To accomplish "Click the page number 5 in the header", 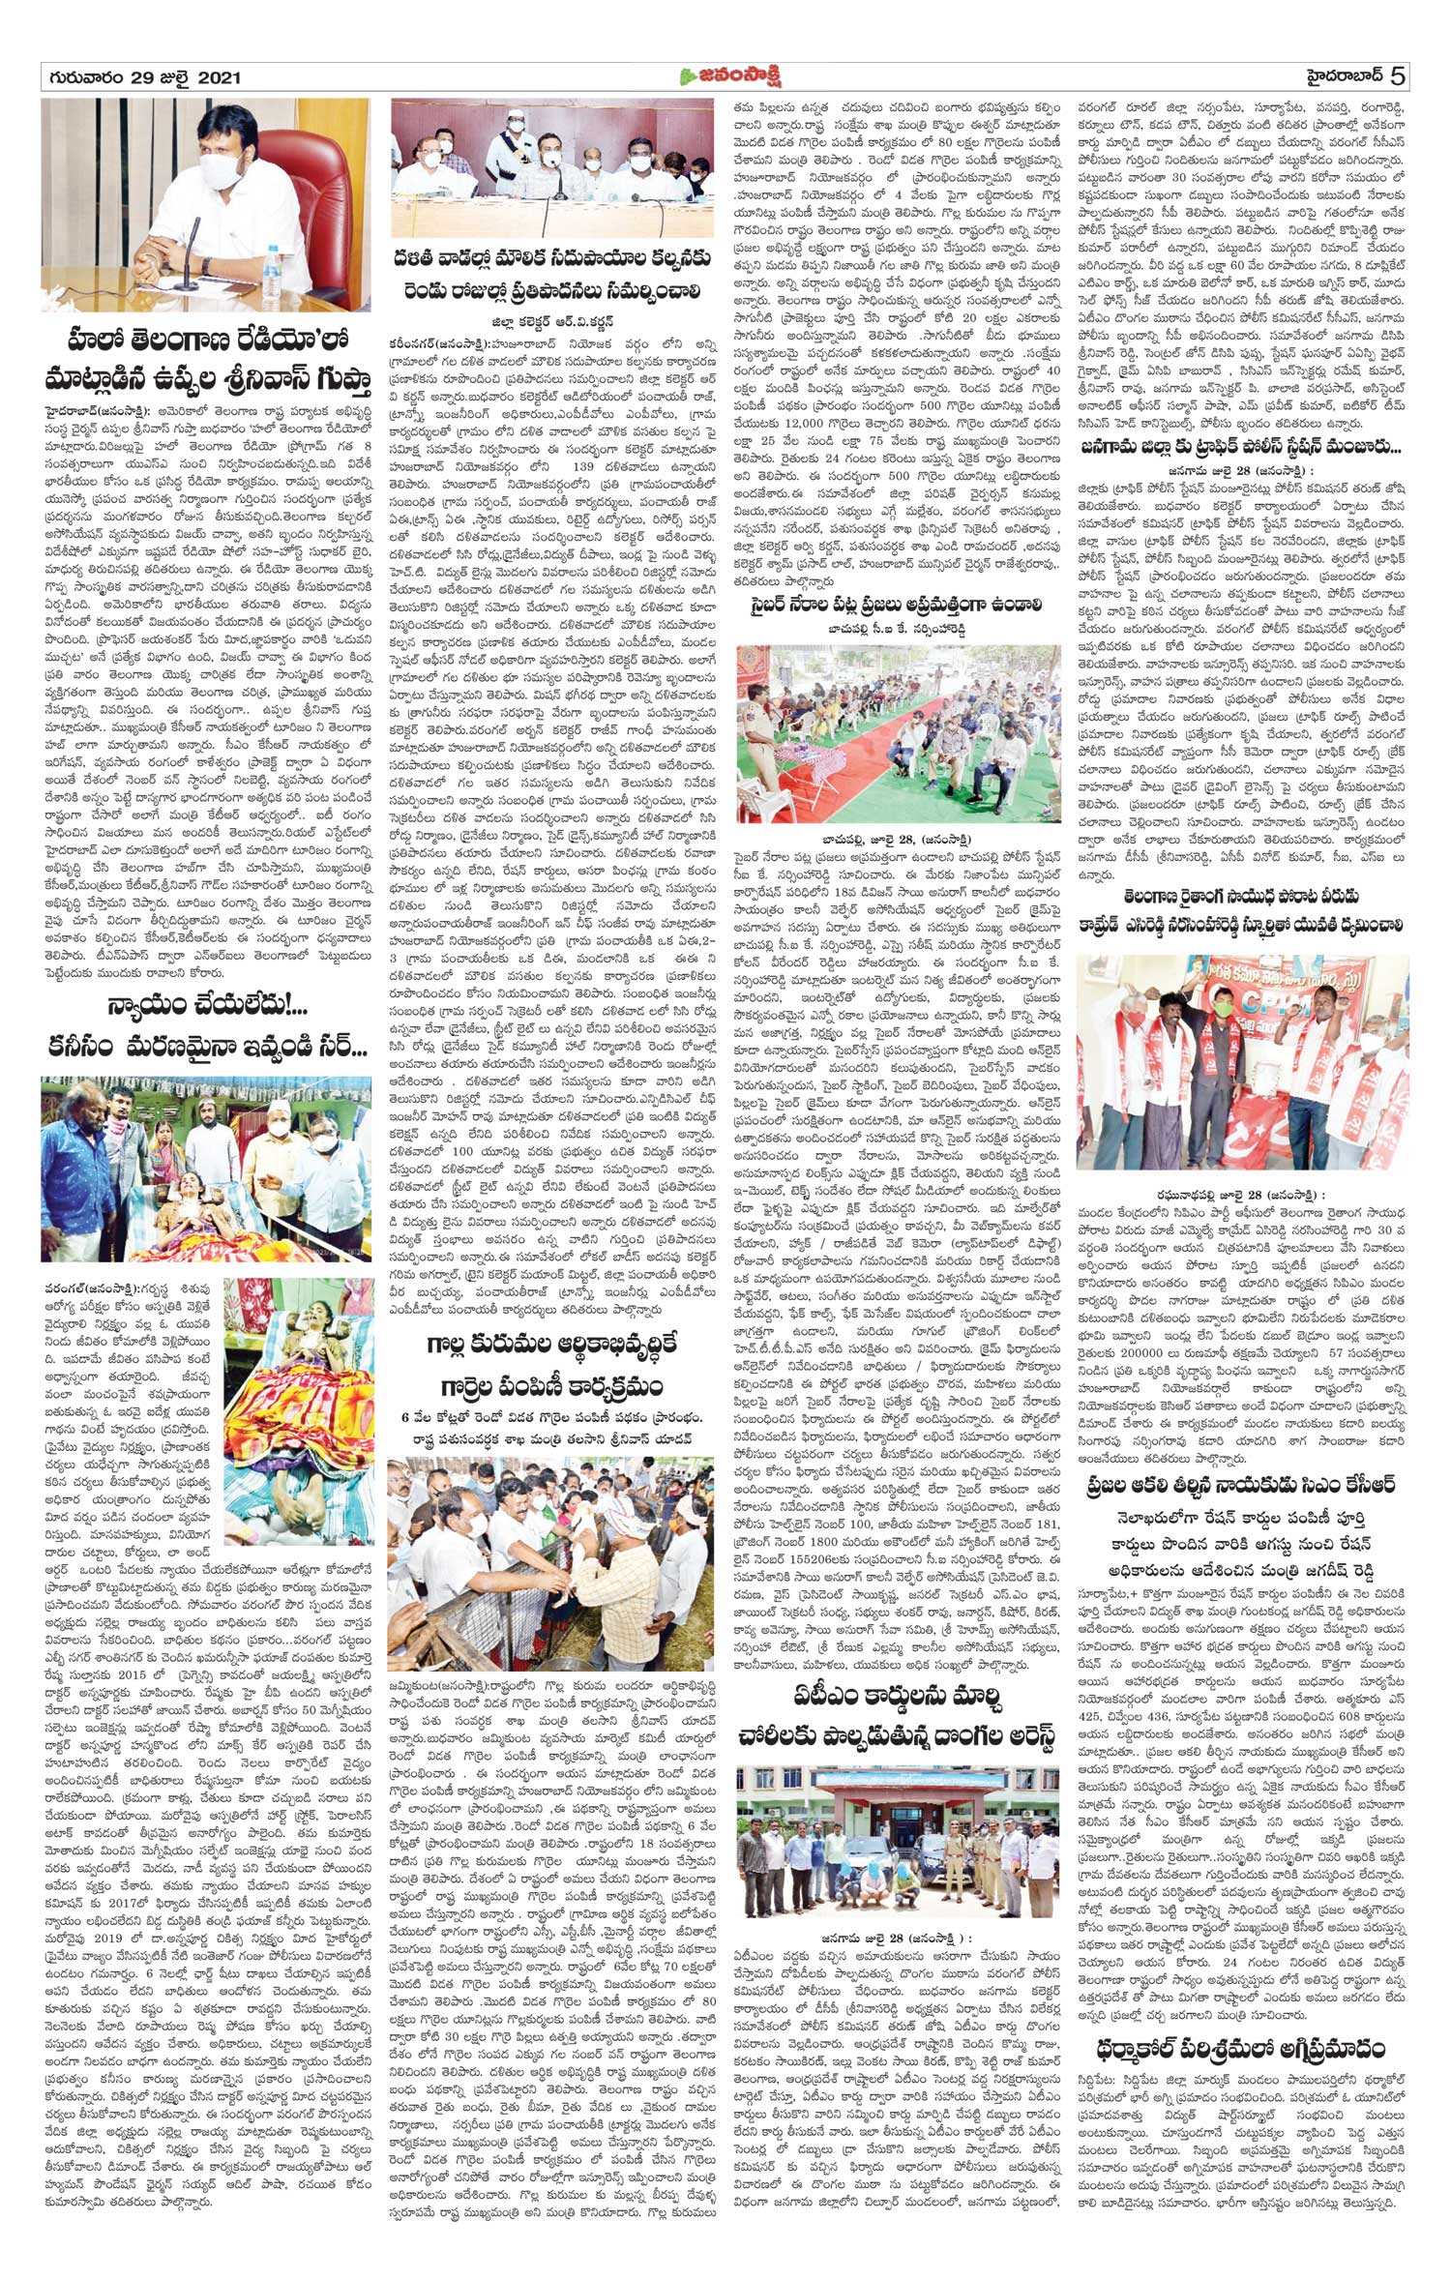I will tap(1399, 75).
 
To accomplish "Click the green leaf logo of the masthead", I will tap(689, 76).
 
